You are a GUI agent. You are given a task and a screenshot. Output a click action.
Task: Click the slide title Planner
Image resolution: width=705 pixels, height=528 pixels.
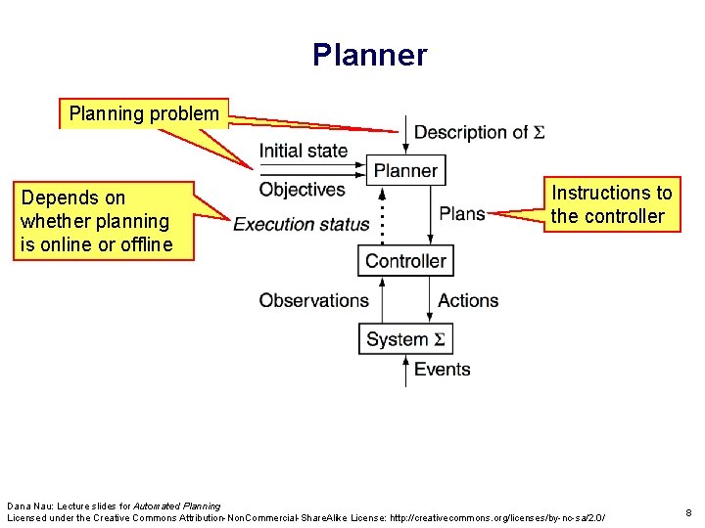[x=369, y=55]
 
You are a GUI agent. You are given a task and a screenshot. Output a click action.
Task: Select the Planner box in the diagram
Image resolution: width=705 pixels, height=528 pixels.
[x=405, y=171]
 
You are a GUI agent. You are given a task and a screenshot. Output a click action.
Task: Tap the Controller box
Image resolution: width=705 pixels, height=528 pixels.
[x=405, y=261]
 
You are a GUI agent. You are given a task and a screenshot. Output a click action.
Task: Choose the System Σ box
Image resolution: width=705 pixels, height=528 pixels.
[x=405, y=339]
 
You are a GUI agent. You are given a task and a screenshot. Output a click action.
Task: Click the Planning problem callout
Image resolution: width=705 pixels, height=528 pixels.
[x=144, y=113]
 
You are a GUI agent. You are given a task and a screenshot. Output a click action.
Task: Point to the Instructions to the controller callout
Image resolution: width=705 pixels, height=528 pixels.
[x=611, y=204]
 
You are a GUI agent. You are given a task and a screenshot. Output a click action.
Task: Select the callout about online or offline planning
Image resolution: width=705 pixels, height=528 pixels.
[x=96, y=221]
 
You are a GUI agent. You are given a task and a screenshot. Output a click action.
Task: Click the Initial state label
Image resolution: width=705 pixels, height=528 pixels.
[x=303, y=151]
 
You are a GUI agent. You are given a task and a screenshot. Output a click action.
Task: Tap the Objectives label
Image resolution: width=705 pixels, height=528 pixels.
[x=302, y=189]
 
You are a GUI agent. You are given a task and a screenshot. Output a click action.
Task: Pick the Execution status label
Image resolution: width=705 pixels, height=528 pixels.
[x=301, y=224]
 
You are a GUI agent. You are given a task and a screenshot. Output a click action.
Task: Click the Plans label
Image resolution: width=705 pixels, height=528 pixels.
[x=462, y=213]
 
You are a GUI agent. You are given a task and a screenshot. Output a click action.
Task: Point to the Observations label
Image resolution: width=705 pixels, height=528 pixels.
[x=313, y=300]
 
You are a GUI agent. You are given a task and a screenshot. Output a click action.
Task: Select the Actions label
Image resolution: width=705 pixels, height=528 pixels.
[x=468, y=300]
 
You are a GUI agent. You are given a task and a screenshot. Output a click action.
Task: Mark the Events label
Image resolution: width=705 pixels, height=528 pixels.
[x=442, y=369]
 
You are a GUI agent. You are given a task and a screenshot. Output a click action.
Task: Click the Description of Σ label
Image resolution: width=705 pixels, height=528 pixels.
[x=479, y=132]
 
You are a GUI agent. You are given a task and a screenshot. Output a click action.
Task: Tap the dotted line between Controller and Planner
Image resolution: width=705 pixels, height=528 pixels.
[x=382, y=215]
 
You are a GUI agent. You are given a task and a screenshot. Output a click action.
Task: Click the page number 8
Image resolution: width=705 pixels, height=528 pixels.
[x=688, y=512]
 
